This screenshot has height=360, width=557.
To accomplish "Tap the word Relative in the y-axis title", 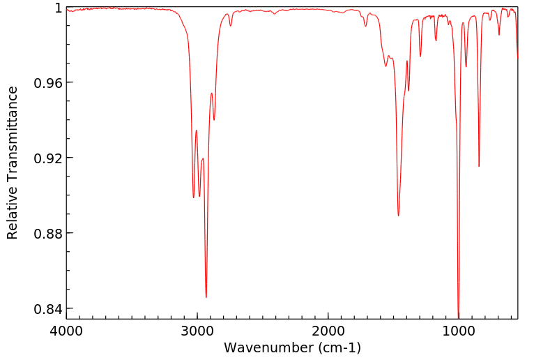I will (13, 214).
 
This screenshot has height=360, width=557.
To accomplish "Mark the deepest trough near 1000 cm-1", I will (458, 316).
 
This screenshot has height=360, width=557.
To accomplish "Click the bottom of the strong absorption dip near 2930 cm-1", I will (206, 297).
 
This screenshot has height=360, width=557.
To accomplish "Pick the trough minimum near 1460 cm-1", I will (398, 216).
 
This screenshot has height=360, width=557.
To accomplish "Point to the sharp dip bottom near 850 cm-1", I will (479, 166).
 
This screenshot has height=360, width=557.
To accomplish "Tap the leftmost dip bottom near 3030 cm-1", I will (194, 197).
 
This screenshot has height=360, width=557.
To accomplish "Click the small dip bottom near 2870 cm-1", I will (214, 119).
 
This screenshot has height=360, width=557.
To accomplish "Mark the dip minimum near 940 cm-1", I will (466, 66).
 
